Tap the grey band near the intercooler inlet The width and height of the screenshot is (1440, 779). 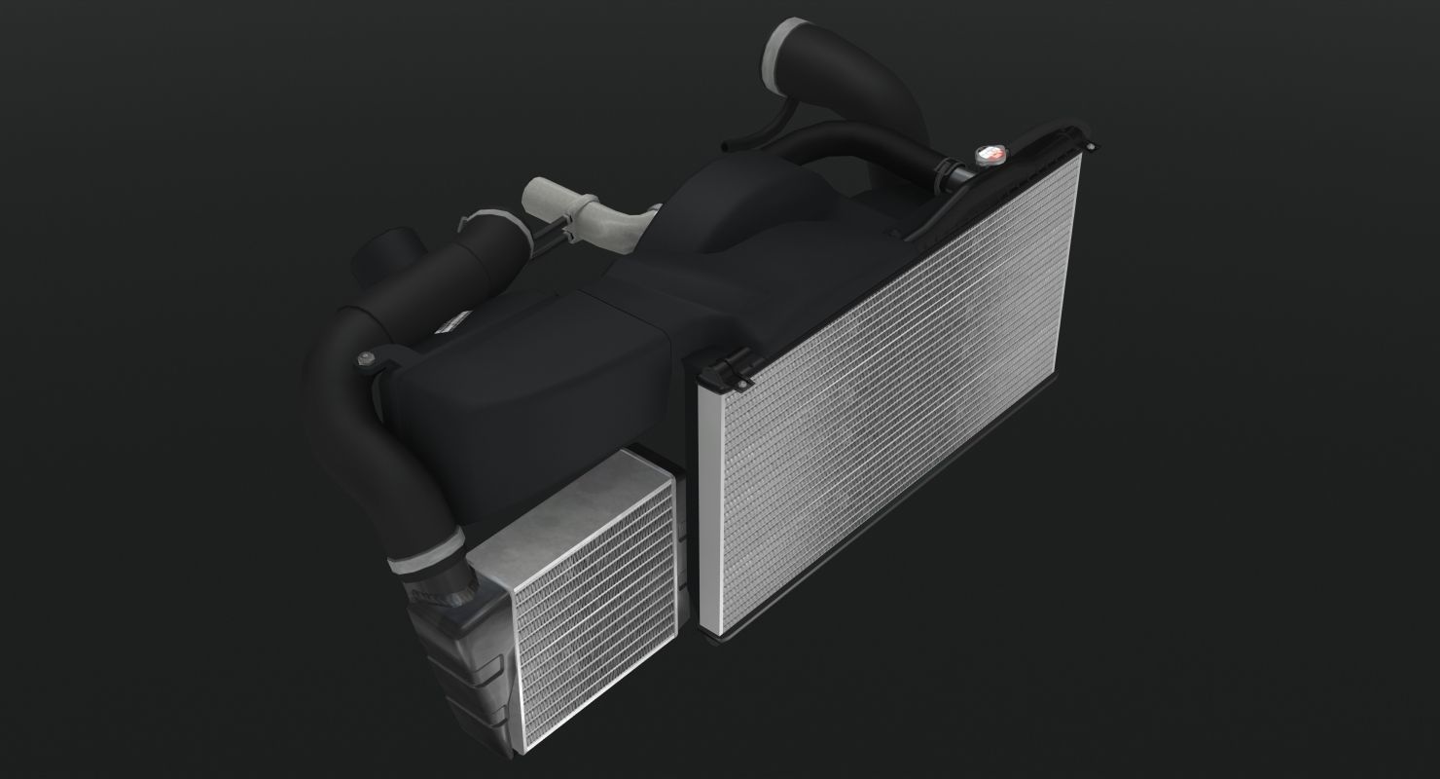426,557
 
